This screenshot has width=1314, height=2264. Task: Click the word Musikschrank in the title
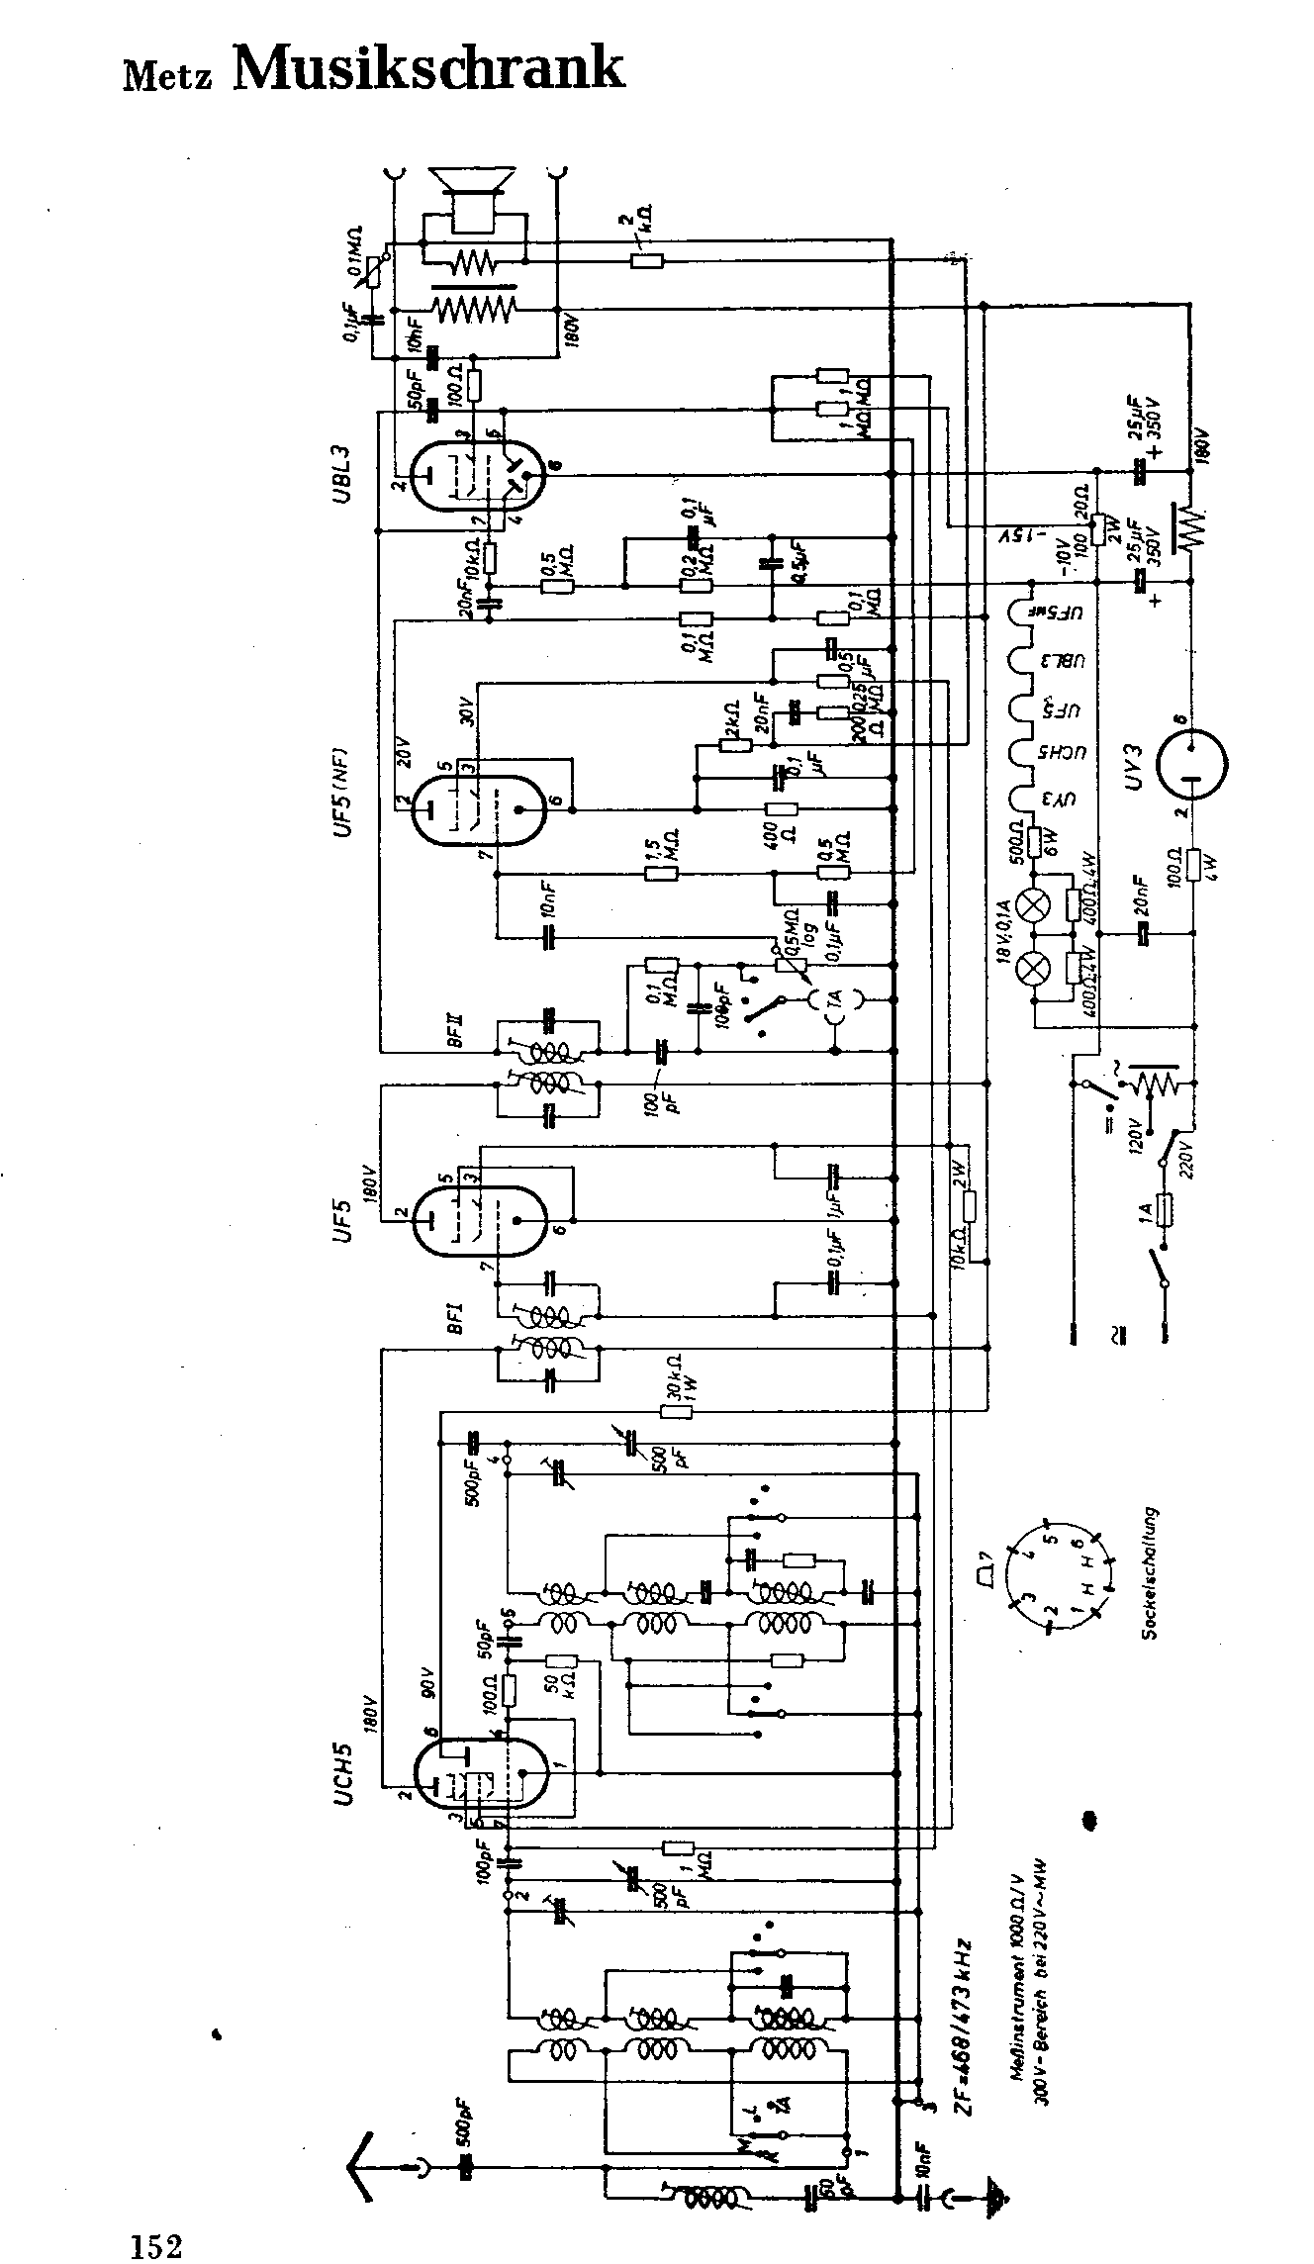point(427,69)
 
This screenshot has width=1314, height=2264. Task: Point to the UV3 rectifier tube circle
point(1190,763)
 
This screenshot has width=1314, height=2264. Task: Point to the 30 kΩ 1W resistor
point(675,1411)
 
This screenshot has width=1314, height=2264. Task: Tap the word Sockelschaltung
point(1150,1573)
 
